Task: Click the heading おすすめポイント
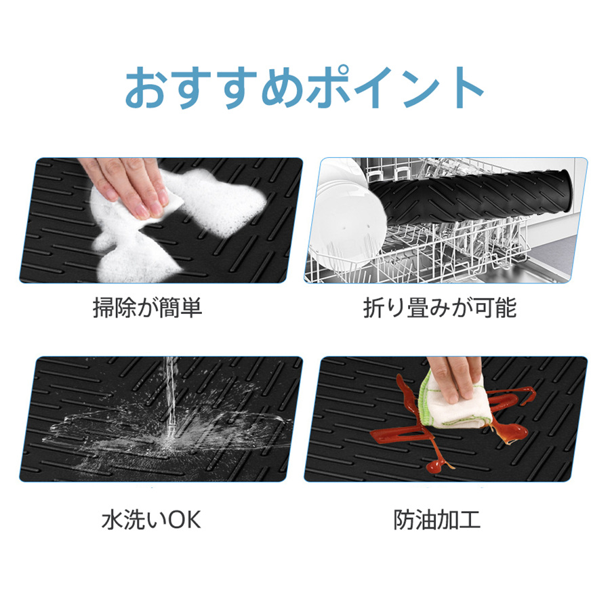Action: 304,87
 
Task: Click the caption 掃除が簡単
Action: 148,308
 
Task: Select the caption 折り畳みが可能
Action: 440,308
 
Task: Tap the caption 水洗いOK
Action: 151,520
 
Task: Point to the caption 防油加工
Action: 437,520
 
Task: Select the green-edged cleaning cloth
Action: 455,405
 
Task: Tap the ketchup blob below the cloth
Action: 437,464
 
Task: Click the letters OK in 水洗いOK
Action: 184,520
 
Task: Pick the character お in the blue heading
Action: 145,88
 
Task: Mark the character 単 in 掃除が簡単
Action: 192,308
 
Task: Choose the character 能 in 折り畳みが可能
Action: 506,308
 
